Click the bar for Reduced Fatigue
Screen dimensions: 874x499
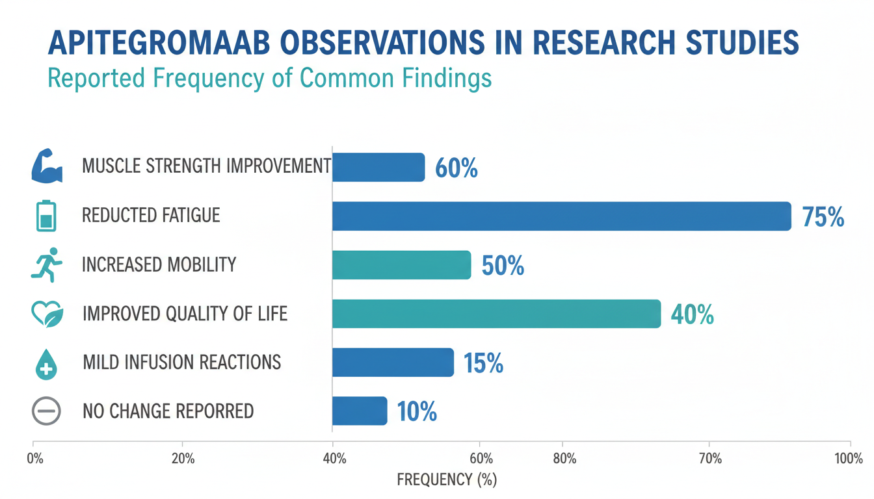[x=562, y=216]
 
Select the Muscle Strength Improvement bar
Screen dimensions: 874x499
[x=378, y=167]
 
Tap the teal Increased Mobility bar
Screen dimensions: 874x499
[x=401, y=264]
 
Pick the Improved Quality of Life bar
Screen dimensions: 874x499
[x=497, y=314]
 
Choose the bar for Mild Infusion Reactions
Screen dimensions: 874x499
[x=393, y=363]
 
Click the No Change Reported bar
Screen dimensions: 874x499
[x=360, y=411]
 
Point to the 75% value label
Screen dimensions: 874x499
[x=823, y=217]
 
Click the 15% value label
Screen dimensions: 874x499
[x=483, y=363]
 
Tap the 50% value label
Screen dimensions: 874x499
[x=503, y=266]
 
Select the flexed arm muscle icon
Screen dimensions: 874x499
[x=47, y=166]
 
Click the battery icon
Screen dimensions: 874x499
[x=46, y=216]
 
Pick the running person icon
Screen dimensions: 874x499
[x=47, y=264]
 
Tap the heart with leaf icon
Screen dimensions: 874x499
[x=47, y=314]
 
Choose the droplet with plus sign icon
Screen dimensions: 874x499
[x=46, y=364]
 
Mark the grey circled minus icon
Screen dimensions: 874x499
[x=46, y=411]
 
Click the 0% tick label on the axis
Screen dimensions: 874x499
[x=34, y=459]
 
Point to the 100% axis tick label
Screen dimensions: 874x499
[x=849, y=459]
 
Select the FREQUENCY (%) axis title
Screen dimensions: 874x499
[x=447, y=480]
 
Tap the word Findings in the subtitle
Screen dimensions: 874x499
[x=447, y=79]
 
